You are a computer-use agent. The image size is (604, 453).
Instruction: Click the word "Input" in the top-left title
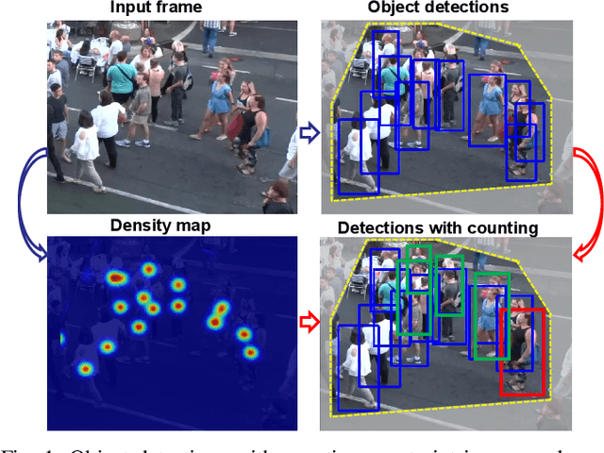coord(128,8)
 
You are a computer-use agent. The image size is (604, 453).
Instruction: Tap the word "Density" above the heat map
coord(138,226)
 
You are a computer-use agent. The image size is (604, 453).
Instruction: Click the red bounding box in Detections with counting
coord(522,351)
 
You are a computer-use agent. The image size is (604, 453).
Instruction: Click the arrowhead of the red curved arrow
coord(579,253)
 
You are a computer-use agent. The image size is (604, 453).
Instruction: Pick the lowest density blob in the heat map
coord(85,369)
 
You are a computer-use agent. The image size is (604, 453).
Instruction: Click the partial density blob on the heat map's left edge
coord(61,338)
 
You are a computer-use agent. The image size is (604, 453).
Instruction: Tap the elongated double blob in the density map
coord(218,314)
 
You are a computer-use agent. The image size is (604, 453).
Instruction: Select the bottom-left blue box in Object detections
coord(359,161)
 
